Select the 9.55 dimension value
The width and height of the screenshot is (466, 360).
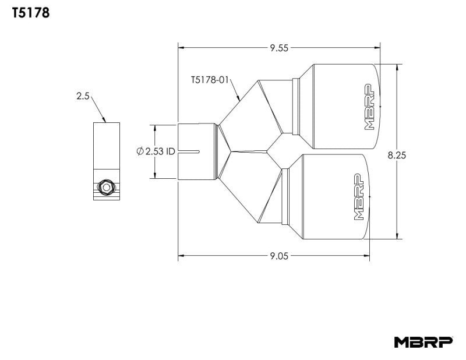pyautogui.click(x=278, y=48)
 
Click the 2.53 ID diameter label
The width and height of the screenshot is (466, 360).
pyautogui.click(x=156, y=151)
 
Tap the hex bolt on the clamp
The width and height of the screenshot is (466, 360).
pyautogui.click(x=106, y=187)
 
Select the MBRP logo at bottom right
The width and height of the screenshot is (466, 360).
pyautogui.click(x=422, y=341)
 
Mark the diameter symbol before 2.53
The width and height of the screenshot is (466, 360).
pyautogui.click(x=140, y=151)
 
